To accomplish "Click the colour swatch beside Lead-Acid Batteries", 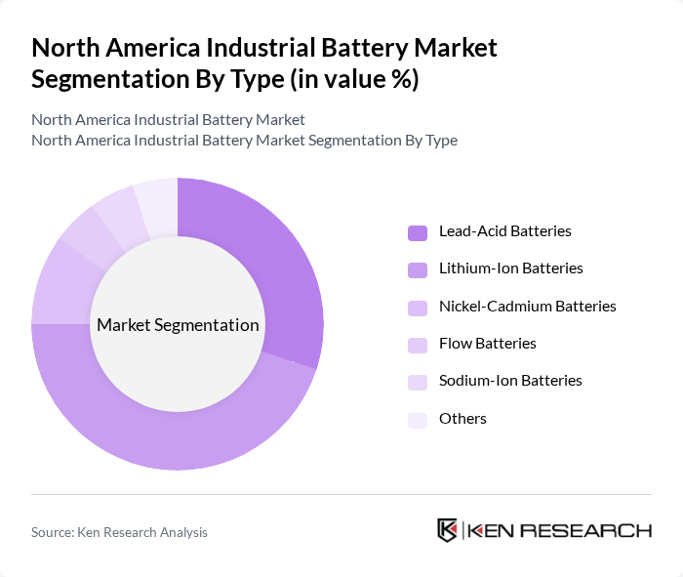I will coord(418,232).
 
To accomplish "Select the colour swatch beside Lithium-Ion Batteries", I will coord(418,269).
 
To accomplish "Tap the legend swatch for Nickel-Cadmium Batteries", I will coord(418,307).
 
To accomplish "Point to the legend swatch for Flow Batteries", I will coord(418,344).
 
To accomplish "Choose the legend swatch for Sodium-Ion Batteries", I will coord(418,381).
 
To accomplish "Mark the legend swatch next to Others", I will coord(418,419).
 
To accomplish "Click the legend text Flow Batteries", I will coord(488,344).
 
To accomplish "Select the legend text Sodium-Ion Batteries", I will coord(510,381).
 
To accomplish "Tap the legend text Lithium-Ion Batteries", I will coord(511,268).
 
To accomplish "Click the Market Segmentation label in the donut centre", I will coord(178,325).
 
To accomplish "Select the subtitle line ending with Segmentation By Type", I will coord(244,140).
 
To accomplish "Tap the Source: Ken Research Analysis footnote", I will coord(119,532).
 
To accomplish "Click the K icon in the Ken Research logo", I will coord(447,530).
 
